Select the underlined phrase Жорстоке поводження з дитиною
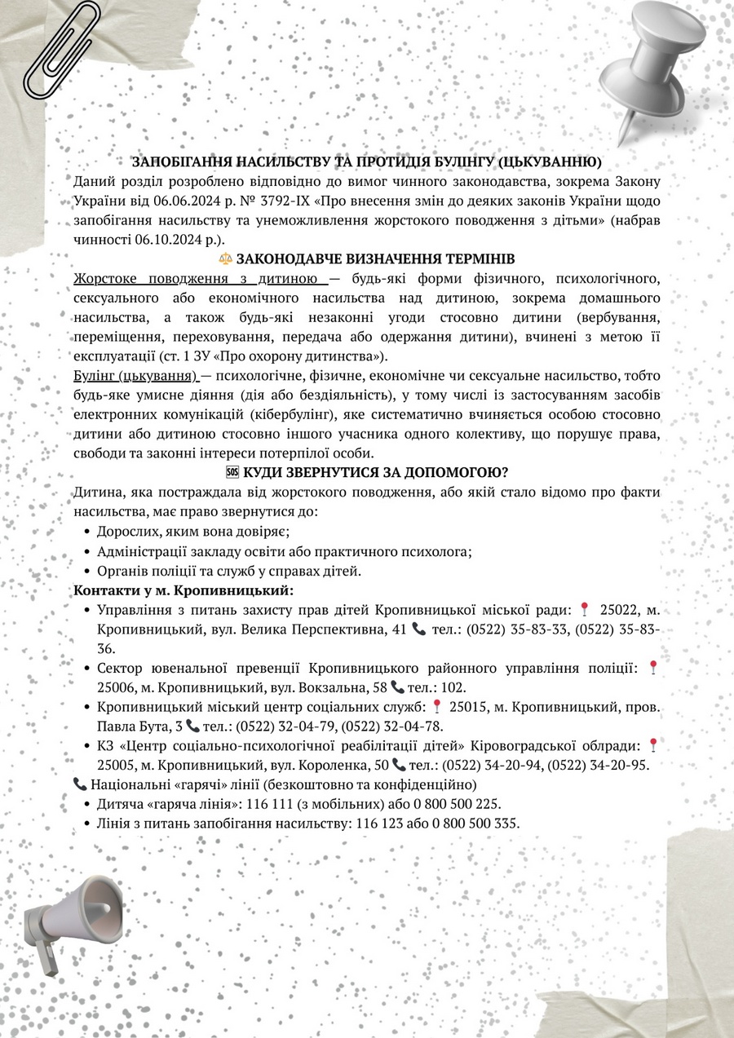coord(201,279)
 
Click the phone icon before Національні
coord(80,784)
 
